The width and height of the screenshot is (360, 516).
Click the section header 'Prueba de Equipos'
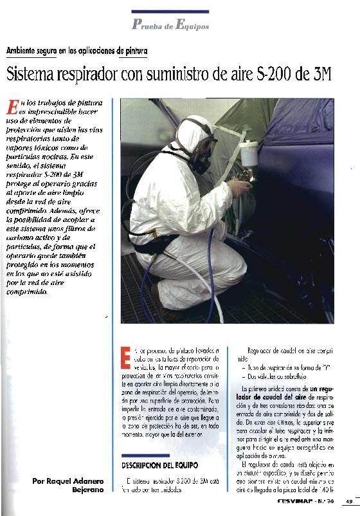click(170, 26)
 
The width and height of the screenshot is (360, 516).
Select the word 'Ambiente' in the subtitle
click(24, 50)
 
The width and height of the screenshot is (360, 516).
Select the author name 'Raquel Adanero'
click(76, 481)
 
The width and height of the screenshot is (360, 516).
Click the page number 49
click(348, 503)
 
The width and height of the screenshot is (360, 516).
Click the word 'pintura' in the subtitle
click(136, 50)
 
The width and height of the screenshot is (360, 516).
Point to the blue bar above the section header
click(170, 11)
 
